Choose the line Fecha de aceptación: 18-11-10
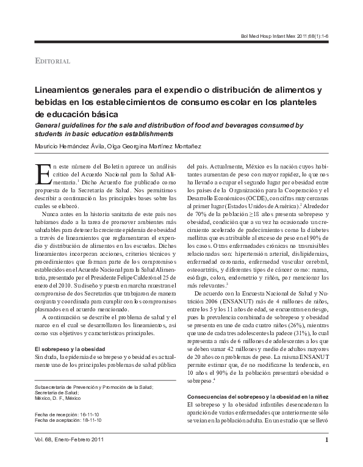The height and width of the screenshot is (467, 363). click(x=68, y=421)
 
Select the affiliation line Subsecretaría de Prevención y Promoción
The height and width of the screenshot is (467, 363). click(x=94, y=386)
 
